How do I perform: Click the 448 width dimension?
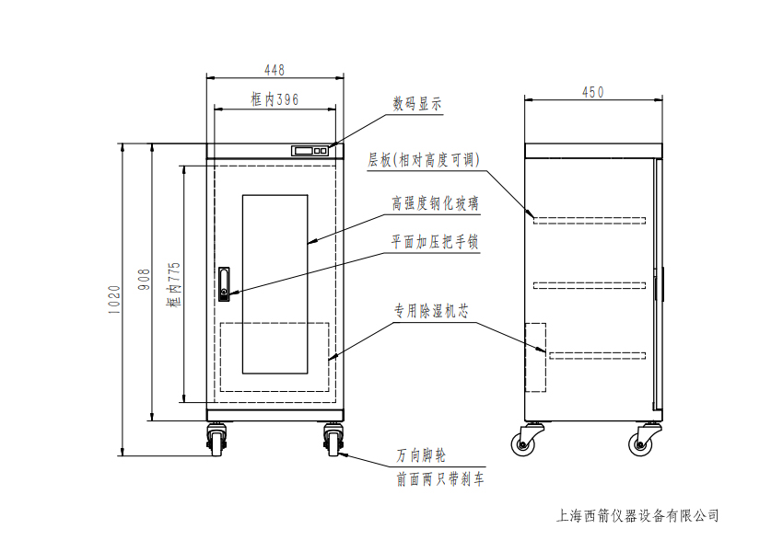(x=274, y=70)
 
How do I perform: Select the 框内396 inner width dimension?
(x=274, y=99)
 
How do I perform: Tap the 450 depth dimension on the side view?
(x=593, y=91)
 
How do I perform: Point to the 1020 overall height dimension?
(x=114, y=299)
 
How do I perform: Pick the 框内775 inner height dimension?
(x=174, y=283)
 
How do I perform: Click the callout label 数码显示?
(x=417, y=104)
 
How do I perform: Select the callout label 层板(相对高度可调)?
(x=425, y=159)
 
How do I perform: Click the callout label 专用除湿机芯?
(x=431, y=312)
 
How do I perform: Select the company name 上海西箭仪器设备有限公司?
(x=638, y=516)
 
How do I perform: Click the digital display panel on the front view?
(x=310, y=150)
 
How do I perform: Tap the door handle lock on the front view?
(x=225, y=283)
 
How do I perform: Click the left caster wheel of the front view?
(x=217, y=440)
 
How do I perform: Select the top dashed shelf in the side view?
(x=590, y=219)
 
